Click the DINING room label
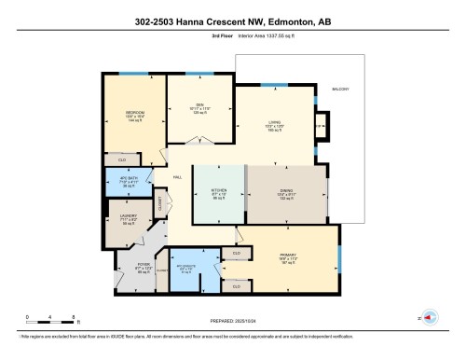coord(286,190)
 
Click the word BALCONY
coord(341,89)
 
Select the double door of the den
coord(199,141)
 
